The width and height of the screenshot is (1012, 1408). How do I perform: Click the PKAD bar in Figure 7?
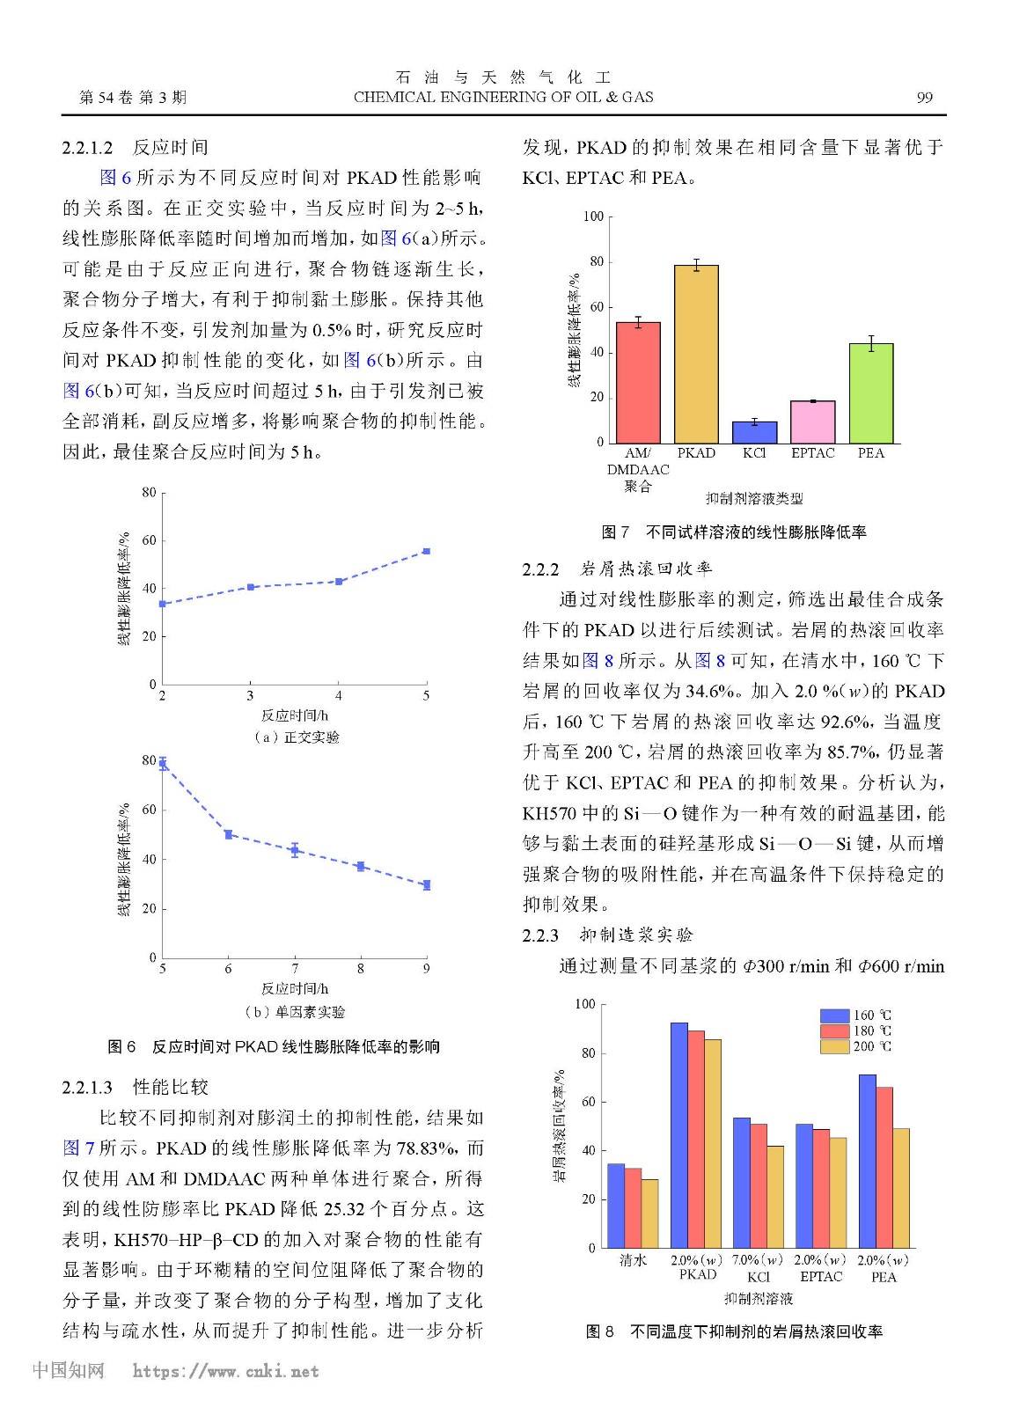696,354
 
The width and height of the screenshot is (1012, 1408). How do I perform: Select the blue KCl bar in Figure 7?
754,432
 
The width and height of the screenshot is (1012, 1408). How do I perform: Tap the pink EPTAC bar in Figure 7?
812,422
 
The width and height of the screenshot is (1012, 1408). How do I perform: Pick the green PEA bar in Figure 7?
870,393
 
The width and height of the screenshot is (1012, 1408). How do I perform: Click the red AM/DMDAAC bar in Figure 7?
638,383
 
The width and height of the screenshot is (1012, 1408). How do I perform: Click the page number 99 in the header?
924,98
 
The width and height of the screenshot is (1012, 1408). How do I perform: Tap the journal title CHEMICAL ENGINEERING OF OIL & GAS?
503,97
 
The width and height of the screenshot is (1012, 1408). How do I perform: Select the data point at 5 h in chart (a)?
426,551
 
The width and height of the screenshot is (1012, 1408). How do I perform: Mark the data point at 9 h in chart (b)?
426,885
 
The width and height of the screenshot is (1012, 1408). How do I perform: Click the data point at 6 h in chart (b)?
228,834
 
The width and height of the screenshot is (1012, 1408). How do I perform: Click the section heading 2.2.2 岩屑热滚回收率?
617,569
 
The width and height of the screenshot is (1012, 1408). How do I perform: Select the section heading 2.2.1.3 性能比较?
135,1087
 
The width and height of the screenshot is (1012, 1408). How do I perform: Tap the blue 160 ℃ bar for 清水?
615,1206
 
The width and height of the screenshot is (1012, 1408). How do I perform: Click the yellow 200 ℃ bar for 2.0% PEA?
900,1188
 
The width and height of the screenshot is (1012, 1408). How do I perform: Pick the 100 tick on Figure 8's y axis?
585,1004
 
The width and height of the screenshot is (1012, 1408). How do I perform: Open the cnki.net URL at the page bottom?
225,1371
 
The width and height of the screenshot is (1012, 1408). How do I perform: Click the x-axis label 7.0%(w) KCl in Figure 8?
758,1268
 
